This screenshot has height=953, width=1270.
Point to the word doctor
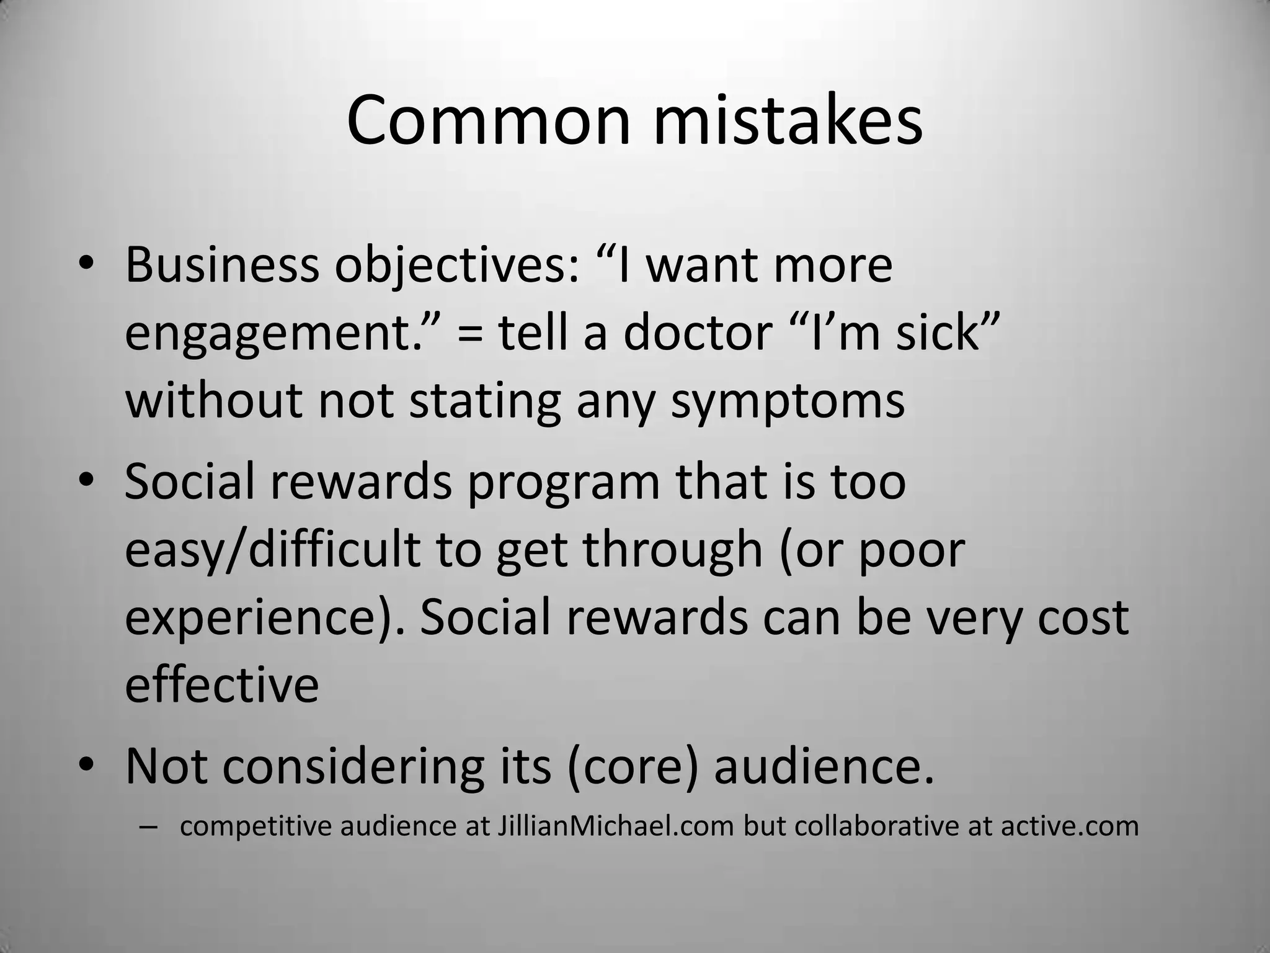697,333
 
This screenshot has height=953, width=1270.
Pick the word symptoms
788,401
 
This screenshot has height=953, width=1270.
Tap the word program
564,482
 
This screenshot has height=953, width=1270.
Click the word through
672,550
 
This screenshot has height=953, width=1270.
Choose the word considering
353,767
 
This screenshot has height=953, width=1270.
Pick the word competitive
256,826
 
